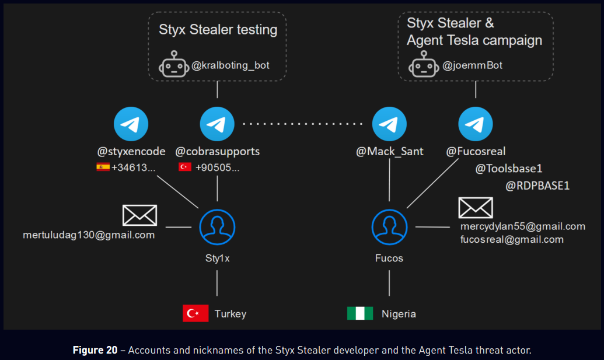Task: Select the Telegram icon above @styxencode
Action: pos(131,124)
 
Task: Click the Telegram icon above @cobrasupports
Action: pos(217,124)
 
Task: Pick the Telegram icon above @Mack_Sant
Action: pos(389,124)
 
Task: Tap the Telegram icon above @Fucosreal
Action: pos(476,124)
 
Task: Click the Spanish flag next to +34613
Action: pos(103,167)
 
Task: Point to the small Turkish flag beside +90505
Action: pos(185,167)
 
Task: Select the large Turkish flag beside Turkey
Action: pos(195,313)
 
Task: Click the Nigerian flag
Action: pos(360,313)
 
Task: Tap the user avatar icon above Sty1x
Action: pos(217,227)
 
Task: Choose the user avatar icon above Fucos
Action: pos(389,227)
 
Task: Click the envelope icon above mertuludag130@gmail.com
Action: pos(139,215)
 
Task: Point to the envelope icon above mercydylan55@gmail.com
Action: pos(476,208)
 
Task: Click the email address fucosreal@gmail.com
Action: pos(512,239)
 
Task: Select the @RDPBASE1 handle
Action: pos(537,186)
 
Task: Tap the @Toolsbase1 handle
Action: pos(509,169)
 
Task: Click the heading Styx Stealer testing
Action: pos(218,29)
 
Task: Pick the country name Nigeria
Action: pos(399,314)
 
